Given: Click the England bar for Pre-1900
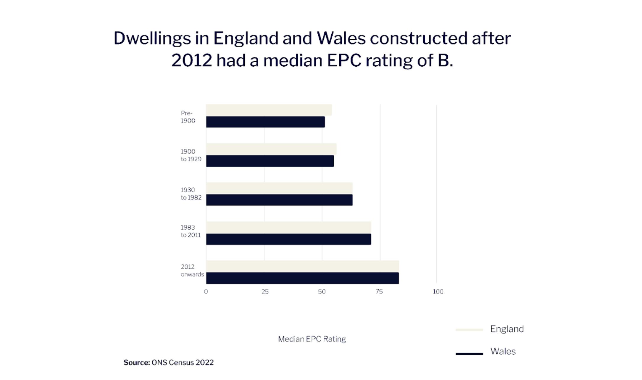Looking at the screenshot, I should (269, 110).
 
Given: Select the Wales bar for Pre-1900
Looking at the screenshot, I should (265, 122).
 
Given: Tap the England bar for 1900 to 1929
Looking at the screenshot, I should (271, 149).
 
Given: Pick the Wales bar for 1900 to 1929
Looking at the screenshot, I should (270, 161).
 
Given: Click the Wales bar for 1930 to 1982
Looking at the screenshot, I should (279, 200).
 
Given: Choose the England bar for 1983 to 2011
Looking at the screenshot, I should (288, 227).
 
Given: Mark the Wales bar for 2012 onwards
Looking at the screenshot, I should (302, 278).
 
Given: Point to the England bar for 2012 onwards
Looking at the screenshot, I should (302, 266).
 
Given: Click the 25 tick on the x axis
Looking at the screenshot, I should (265, 292).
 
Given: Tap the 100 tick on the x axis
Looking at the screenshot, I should (438, 292).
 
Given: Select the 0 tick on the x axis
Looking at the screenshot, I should (206, 292).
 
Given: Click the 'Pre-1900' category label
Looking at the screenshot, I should (188, 117).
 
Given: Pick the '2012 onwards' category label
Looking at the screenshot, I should (192, 270).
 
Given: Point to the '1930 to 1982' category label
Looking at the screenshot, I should (191, 194).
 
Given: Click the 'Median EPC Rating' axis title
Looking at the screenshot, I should (312, 339).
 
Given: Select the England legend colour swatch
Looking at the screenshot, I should (469, 330).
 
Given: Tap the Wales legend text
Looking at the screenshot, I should (503, 352).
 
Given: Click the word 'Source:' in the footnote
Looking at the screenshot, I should (137, 363).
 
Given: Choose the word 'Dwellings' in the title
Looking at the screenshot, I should (152, 38).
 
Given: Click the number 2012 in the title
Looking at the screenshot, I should (191, 61).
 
